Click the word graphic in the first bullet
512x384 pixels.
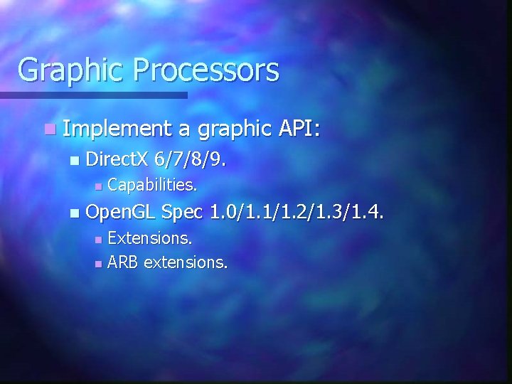click(x=235, y=129)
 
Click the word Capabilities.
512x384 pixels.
click(x=152, y=186)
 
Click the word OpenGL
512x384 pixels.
click(x=120, y=211)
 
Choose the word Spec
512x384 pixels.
click(x=183, y=211)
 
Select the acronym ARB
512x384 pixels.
click(x=123, y=262)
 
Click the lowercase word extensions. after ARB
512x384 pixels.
click(x=186, y=262)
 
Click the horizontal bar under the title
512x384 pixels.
click(x=92, y=95)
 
